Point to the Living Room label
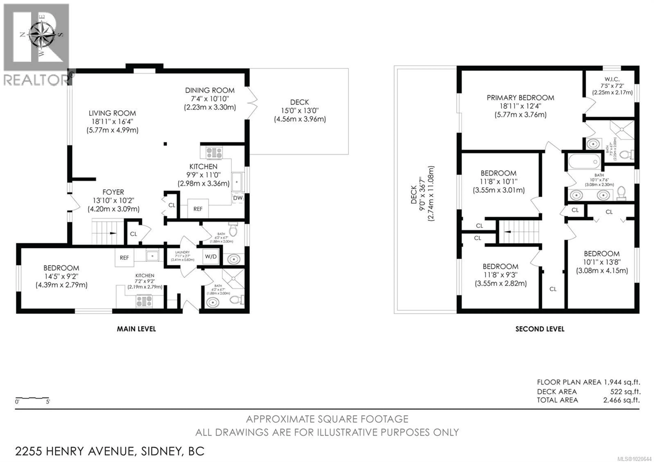coord(112,113)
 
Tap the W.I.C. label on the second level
coord(612,79)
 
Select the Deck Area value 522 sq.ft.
coord(625,392)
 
